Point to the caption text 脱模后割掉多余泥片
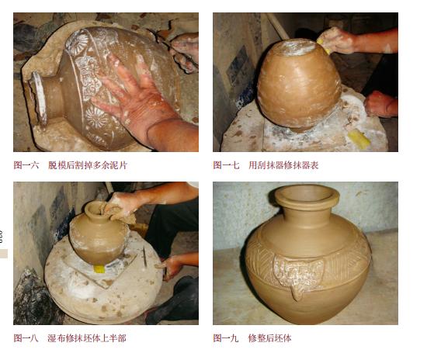(86, 165)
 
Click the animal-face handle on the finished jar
(297, 275)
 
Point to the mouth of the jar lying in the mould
(40, 97)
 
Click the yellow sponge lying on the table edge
(359, 139)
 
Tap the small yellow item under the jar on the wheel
(99, 268)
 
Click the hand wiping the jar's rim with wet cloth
(116, 206)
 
